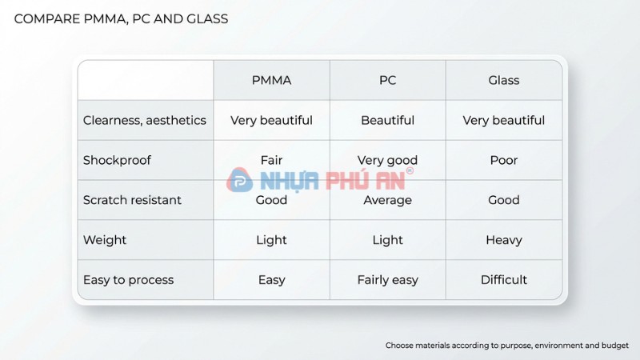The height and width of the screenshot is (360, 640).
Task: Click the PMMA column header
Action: coord(271,80)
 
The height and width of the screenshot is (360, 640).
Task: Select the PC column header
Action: coord(387,80)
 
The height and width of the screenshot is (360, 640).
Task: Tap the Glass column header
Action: coord(504,80)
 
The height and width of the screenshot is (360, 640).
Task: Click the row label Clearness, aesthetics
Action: coord(145,120)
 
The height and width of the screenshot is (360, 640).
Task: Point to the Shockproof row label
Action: coord(117,160)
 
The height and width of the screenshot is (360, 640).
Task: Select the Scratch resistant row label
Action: coord(132,200)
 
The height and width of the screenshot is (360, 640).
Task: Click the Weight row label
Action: coord(105,240)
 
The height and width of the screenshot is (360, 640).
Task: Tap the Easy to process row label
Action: coord(128,280)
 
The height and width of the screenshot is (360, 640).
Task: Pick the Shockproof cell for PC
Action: coord(387,160)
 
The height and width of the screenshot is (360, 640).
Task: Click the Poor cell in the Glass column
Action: coord(504,160)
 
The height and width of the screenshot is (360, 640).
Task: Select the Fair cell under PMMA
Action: coord(271,160)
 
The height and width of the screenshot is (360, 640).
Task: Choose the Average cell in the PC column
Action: coord(387,200)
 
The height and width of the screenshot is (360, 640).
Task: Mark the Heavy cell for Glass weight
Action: coord(504,240)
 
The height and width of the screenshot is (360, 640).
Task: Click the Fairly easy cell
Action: coord(387,280)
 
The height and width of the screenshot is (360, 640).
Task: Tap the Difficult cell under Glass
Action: coord(504,280)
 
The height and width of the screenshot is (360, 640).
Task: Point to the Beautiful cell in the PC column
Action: coord(387,120)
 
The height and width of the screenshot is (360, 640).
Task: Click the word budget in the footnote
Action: coord(612,346)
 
